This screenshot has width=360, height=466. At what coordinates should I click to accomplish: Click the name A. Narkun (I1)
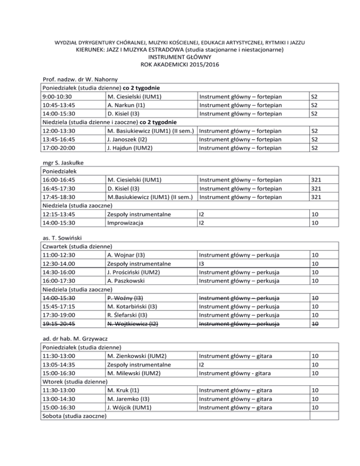click(x=126, y=105)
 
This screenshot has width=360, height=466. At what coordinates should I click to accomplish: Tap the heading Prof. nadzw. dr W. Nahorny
click(x=78, y=80)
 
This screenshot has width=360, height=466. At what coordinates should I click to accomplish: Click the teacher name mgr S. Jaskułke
click(x=64, y=163)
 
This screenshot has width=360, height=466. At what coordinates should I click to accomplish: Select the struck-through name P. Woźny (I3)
click(x=125, y=298)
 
